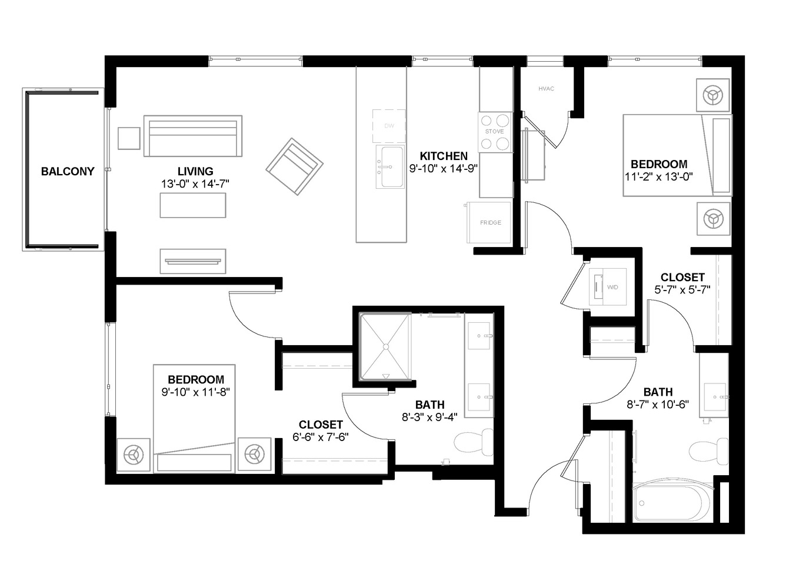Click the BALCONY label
[68, 171]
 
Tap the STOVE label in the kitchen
[494, 132]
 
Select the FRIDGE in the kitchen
[488, 222]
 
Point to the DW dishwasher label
[389, 126]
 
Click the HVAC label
[547, 89]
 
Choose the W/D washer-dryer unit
[607, 287]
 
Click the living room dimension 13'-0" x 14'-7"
[195, 184]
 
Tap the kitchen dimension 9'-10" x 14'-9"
[444, 169]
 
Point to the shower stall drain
[386, 347]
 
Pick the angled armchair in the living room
[294, 166]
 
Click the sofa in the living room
[192, 136]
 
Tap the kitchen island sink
[390, 167]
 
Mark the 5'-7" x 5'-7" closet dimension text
[682, 290]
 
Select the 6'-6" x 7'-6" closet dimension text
[321, 437]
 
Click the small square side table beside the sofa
[129, 138]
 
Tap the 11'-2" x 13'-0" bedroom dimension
[658, 177]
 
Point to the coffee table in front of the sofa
[192, 205]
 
